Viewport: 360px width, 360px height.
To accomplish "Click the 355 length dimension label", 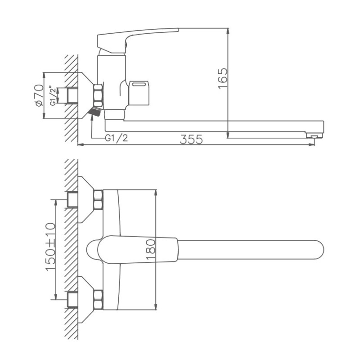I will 192,139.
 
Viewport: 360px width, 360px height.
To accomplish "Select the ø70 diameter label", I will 39,95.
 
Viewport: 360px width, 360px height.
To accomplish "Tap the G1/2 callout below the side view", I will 116,138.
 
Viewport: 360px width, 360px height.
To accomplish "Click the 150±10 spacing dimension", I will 50,249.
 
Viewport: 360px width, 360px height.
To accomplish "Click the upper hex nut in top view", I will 98,200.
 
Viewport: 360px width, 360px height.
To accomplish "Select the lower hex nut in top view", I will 98,300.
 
